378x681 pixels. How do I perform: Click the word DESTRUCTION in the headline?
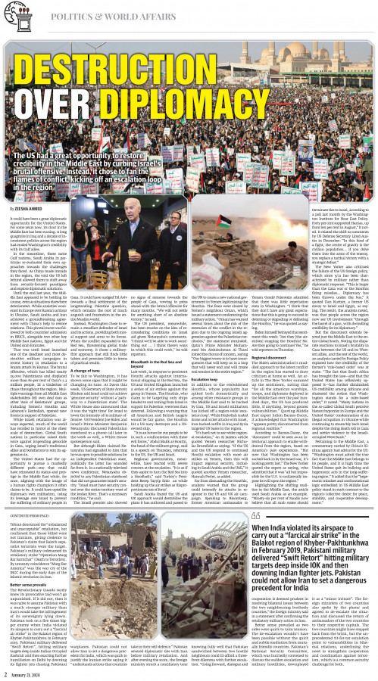(x=189, y=61)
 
